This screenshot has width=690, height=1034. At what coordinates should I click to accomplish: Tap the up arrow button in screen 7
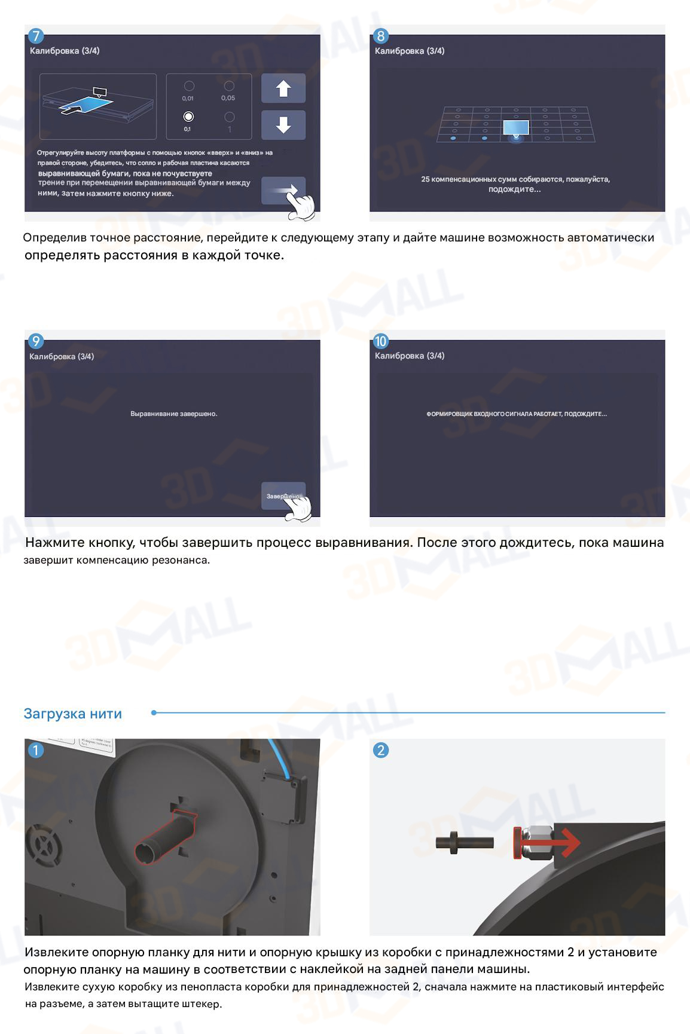[x=283, y=88]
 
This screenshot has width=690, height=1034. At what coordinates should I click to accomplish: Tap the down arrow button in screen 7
[x=283, y=125]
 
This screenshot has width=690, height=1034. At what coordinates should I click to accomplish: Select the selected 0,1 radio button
[x=188, y=117]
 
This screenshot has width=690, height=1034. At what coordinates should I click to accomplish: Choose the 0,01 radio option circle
[x=189, y=86]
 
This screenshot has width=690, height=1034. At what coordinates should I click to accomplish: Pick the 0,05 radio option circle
[x=229, y=86]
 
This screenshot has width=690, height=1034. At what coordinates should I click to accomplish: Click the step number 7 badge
[x=36, y=36]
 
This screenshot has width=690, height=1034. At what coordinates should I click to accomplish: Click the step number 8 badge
[x=380, y=36]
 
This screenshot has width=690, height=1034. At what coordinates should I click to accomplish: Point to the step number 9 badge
[x=36, y=341]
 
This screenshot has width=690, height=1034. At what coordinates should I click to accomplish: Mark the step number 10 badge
[x=380, y=341]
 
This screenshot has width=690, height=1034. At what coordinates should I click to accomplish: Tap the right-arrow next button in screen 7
[x=283, y=190]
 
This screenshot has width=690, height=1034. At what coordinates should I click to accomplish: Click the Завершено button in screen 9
[x=283, y=496]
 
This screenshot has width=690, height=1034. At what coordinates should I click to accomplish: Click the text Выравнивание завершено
[x=174, y=414]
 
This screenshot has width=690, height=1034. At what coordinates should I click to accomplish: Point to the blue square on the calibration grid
[x=515, y=127]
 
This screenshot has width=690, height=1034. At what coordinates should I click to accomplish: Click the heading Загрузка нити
[x=73, y=714]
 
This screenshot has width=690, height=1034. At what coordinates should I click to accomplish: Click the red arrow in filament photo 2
[x=547, y=843]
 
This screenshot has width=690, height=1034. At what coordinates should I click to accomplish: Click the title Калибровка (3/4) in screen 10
[x=410, y=356]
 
